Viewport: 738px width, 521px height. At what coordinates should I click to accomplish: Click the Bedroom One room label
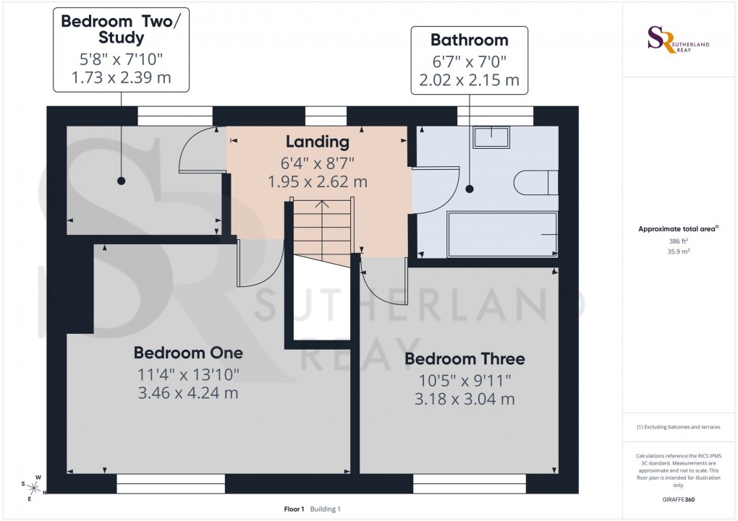point(188,353)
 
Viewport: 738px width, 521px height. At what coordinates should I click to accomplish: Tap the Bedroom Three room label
point(465,358)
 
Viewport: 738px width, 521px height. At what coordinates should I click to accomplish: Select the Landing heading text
point(317,142)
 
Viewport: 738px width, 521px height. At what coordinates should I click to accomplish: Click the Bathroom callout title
point(469,40)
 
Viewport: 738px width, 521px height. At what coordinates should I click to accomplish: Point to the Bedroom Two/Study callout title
point(121,30)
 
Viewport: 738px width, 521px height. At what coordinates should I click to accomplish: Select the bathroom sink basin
point(491,137)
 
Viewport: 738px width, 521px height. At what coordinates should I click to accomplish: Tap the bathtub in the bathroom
point(502,233)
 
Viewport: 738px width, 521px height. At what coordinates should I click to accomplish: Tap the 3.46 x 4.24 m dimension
point(188,393)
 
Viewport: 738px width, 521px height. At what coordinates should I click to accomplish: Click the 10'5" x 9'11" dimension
point(465,380)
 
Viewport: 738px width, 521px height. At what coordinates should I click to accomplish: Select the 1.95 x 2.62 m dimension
point(317,181)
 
